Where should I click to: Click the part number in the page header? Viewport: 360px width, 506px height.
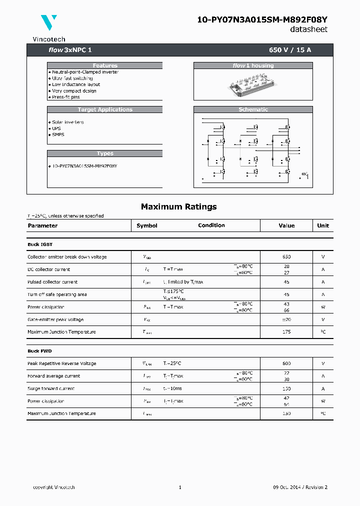pos(262,19)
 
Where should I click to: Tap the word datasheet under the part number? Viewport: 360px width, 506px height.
pos(309,29)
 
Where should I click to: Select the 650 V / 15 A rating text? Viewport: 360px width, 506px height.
pos(290,50)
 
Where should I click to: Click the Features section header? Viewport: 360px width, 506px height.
pos(105,65)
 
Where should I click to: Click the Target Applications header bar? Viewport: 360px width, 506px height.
pos(105,109)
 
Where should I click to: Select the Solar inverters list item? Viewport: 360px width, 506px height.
pos(68,122)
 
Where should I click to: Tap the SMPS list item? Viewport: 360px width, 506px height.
pos(58,134)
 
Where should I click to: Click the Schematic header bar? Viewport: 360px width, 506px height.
pos(253,109)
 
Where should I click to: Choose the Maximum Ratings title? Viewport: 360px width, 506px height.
pos(179,206)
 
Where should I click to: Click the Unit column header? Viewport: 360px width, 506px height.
pos(323,225)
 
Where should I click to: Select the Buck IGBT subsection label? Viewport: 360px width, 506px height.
pos(40,244)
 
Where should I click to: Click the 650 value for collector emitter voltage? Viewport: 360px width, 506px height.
pos(286,257)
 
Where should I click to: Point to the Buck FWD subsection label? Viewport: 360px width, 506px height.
pos(39,351)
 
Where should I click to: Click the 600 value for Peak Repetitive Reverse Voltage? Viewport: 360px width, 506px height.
pos(286,363)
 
